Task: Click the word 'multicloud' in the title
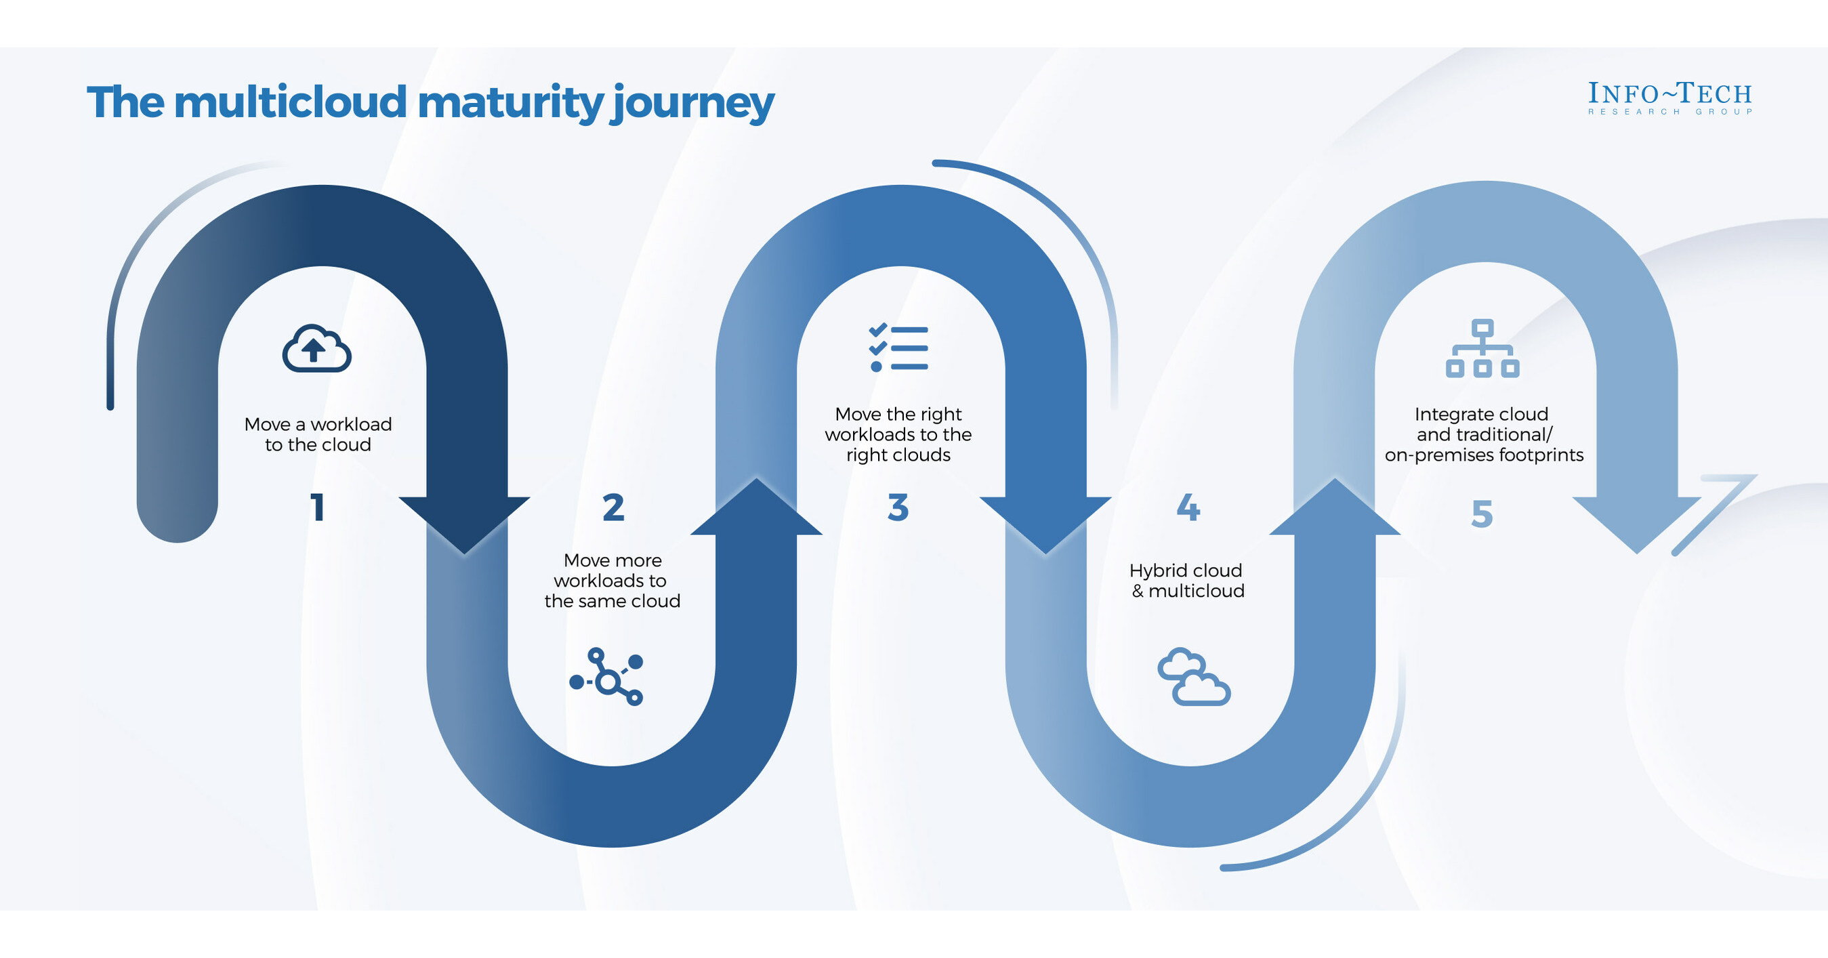coord(291,103)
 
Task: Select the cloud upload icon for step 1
coord(316,348)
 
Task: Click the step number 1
coord(317,507)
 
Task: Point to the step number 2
coord(613,507)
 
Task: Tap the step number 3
coord(898,507)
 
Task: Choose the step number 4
coord(1188,507)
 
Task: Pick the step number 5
coord(1482,513)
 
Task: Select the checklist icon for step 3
coord(898,348)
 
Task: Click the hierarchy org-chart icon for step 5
coord(1482,348)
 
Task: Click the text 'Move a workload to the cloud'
coord(318,434)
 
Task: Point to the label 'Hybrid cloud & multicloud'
coord(1186,581)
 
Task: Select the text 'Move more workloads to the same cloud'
coord(612,581)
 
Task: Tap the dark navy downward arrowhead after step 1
coord(465,522)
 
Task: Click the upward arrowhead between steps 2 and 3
coord(756,509)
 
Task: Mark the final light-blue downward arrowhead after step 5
coord(1636,522)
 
